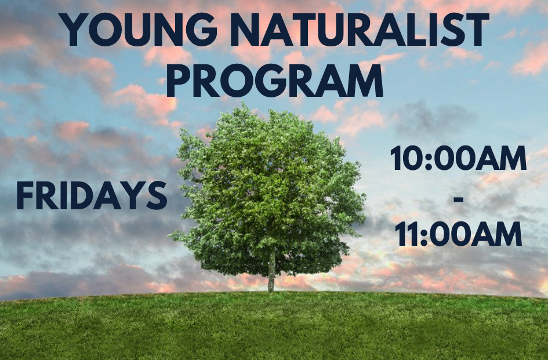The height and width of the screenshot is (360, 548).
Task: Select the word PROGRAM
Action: click(275, 81)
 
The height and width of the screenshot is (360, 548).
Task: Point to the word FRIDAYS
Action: click(92, 196)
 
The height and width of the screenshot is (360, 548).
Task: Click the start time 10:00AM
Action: click(458, 159)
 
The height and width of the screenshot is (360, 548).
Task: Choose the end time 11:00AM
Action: click(458, 234)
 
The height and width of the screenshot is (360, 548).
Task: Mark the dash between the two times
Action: click(458, 200)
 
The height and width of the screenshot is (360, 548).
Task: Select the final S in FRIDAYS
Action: click(157, 196)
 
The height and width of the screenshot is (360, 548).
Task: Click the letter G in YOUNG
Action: click(201, 30)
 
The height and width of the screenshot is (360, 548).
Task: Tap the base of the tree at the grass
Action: click(271, 292)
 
